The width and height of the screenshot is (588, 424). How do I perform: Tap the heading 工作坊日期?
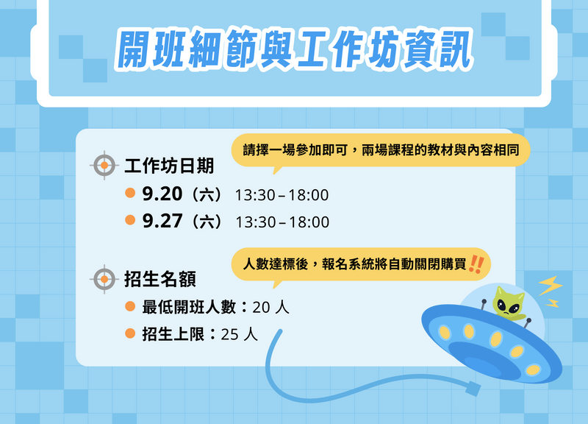(x=169, y=166)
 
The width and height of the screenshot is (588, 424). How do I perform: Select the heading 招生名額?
(x=160, y=280)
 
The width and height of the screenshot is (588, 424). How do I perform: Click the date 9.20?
(x=162, y=194)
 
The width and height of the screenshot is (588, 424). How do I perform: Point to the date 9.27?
(x=162, y=221)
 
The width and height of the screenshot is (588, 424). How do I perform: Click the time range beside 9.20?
(x=282, y=195)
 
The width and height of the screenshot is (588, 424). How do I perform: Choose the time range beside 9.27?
(x=282, y=222)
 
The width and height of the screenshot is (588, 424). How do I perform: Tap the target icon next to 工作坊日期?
(x=104, y=165)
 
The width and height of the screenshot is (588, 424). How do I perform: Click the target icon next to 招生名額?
(x=104, y=279)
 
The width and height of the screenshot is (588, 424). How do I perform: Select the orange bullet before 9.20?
(x=130, y=193)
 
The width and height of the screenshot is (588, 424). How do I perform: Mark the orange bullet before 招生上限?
(x=130, y=333)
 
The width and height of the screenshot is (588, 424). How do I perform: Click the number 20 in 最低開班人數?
(x=261, y=308)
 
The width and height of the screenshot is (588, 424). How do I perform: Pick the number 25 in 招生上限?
(x=229, y=335)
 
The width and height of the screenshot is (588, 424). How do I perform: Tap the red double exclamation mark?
(x=476, y=264)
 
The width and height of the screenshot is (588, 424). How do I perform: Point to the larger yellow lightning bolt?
(x=551, y=286)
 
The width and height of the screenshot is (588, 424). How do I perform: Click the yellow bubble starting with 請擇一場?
(x=381, y=151)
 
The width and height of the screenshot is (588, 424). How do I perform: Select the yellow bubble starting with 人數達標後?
(x=361, y=265)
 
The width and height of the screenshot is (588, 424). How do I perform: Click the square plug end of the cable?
(x=473, y=389)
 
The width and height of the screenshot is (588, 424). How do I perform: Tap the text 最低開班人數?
(x=189, y=307)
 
